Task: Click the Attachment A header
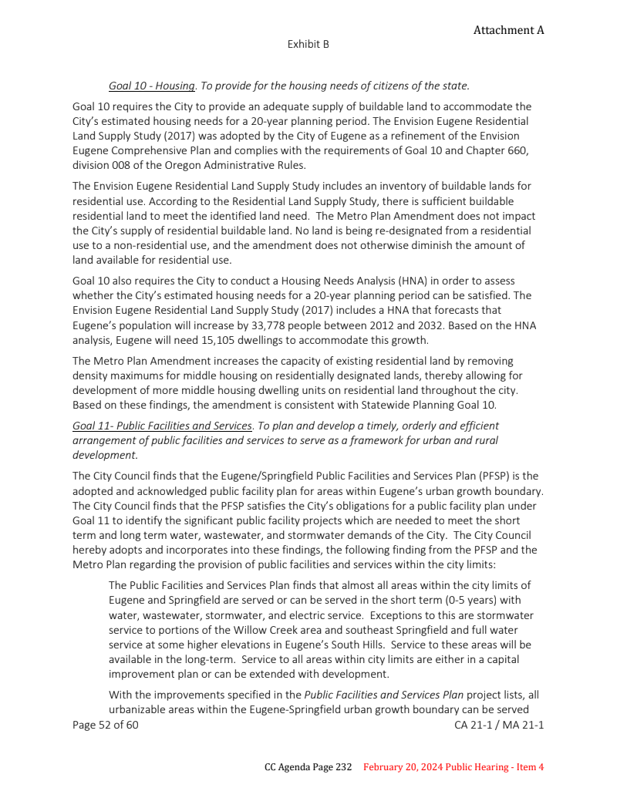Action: click(508, 30)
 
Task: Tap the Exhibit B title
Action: click(308, 45)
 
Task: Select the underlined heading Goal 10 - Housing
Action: click(152, 86)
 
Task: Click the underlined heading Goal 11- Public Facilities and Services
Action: click(162, 426)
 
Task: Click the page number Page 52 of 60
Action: click(106, 725)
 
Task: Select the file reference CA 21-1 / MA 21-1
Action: click(499, 725)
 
